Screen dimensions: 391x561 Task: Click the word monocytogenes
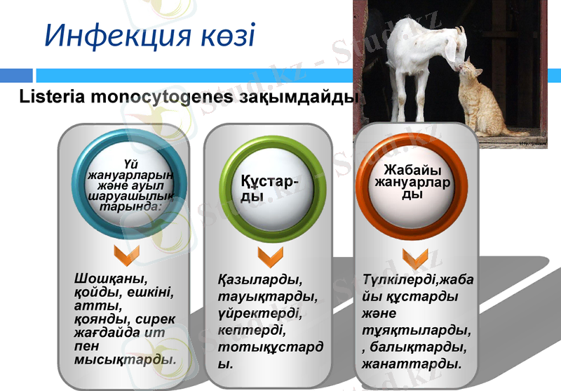(x=158, y=97)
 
